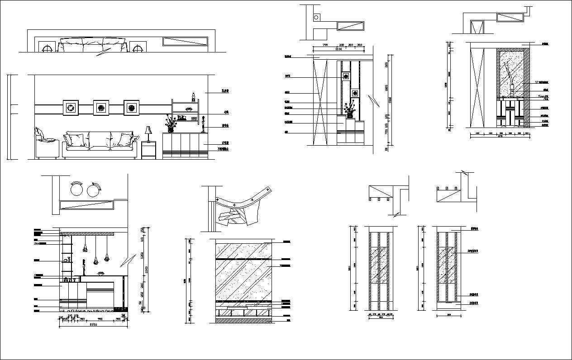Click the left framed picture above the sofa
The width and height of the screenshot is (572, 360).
71,108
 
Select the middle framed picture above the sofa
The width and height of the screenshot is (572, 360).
101,108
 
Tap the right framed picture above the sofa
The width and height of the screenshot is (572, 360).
131,108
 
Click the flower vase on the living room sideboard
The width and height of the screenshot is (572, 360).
170,123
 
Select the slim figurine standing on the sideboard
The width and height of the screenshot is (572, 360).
203,124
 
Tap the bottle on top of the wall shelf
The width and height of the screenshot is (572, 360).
193,97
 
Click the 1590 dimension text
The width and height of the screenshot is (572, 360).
338,49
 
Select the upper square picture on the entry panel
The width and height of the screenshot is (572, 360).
346,76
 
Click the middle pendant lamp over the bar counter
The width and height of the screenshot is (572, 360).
95,260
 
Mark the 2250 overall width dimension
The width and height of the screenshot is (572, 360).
93,324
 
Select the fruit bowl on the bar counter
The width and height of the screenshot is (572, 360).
101,273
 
